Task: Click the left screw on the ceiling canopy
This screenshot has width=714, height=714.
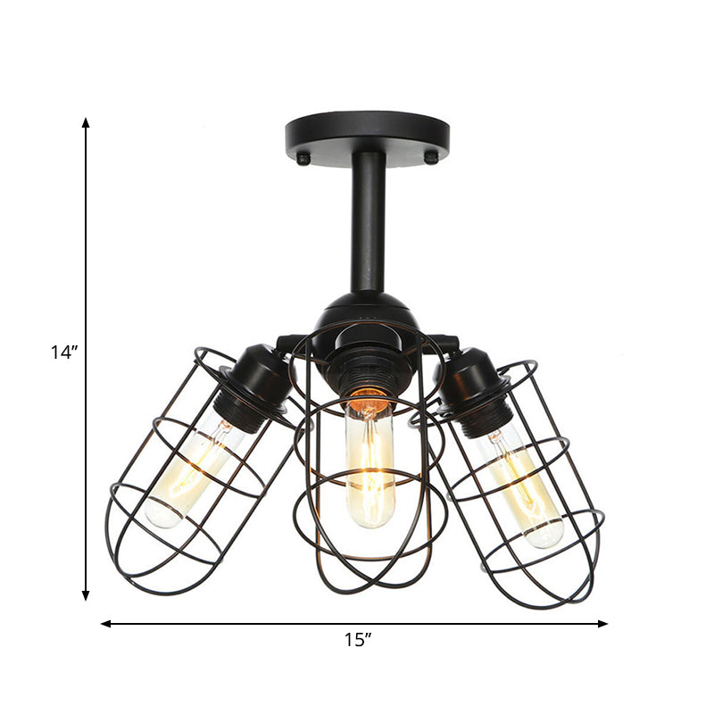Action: point(303,159)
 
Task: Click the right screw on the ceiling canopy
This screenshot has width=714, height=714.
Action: point(431,158)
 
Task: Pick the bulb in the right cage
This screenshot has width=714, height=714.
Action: point(527,486)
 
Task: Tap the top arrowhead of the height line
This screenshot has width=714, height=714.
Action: point(86,122)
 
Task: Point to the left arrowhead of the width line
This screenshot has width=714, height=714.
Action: point(105,624)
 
